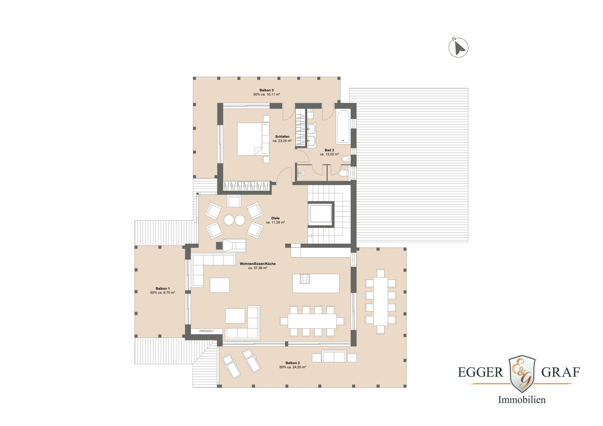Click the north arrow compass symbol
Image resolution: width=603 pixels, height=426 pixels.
coord(458,48)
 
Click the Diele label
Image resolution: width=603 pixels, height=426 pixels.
coord(275,218)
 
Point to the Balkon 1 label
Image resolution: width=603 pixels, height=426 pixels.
coord(163,288)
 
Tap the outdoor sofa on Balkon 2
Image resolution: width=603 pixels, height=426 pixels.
coord(334,356)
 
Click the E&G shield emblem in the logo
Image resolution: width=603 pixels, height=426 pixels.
coord(522,374)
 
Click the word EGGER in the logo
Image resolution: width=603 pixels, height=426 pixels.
coord(480,372)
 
